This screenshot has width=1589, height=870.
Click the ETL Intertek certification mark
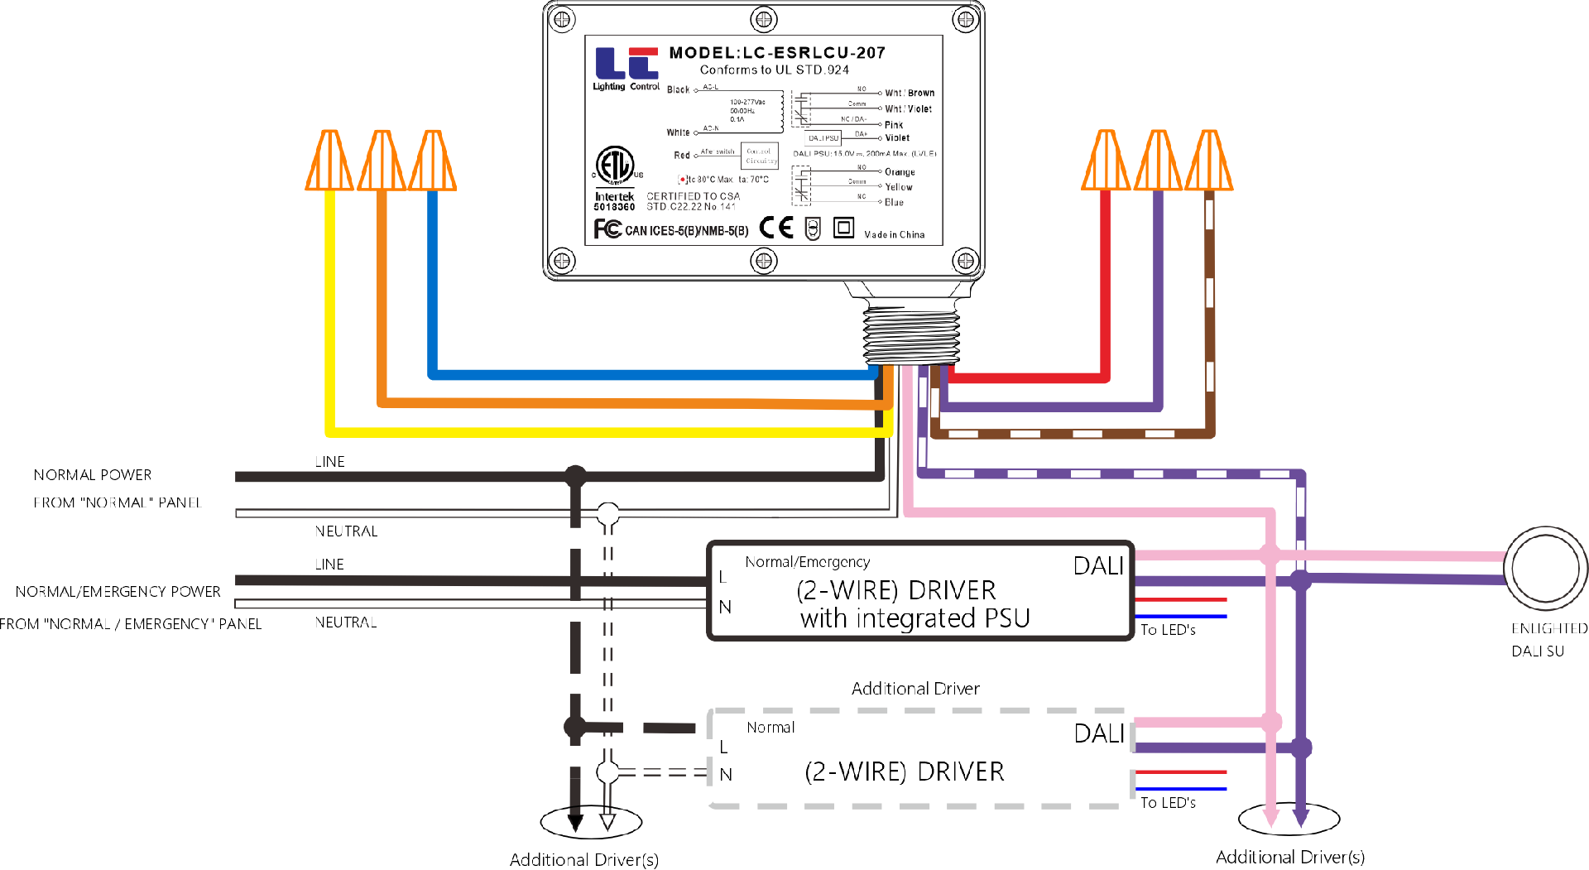pyautogui.click(x=615, y=166)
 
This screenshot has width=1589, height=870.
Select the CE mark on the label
pyautogui.click(x=776, y=228)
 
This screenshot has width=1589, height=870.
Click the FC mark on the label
pyautogui.click(x=607, y=228)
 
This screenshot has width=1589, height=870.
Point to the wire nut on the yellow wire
pyautogui.click(x=329, y=161)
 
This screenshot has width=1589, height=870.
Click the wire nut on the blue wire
pyautogui.click(x=433, y=161)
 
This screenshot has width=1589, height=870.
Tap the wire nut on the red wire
pyautogui.click(x=1106, y=161)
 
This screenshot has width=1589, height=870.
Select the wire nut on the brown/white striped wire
pyautogui.click(x=1209, y=161)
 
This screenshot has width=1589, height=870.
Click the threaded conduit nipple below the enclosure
pyautogui.click(x=911, y=331)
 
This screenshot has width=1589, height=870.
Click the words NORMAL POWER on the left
pyautogui.click(x=93, y=475)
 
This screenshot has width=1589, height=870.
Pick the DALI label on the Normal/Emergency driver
pyautogui.click(x=1098, y=566)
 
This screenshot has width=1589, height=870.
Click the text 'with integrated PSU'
pyautogui.click(x=915, y=618)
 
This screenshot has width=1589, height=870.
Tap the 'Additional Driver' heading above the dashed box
pyautogui.click(x=915, y=689)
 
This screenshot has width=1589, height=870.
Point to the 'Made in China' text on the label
pyautogui.click(x=895, y=235)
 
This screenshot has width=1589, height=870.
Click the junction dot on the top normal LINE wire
pyautogui.click(x=575, y=476)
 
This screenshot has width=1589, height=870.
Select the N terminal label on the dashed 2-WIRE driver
pyautogui.click(x=726, y=775)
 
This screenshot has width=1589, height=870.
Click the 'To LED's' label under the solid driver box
pyautogui.click(x=1168, y=630)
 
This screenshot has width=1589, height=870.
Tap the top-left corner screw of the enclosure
pyautogui.click(x=562, y=19)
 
